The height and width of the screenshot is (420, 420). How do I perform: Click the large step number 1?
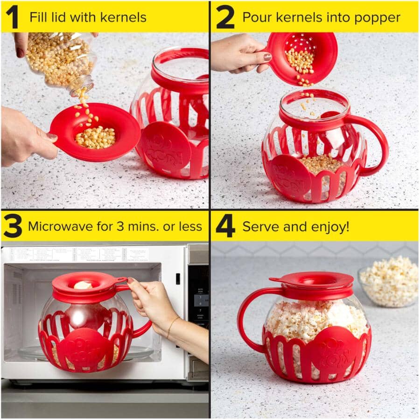tap(12, 17)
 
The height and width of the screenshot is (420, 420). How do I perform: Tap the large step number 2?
tap(225, 17)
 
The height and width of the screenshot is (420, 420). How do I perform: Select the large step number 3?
tap(13, 226)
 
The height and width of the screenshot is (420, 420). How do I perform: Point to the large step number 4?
tap(225, 226)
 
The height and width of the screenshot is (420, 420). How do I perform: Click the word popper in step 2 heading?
tap(380, 18)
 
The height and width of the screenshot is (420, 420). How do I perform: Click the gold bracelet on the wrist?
tap(172, 325)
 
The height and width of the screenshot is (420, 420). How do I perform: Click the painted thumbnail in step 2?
tap(267, 57)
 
